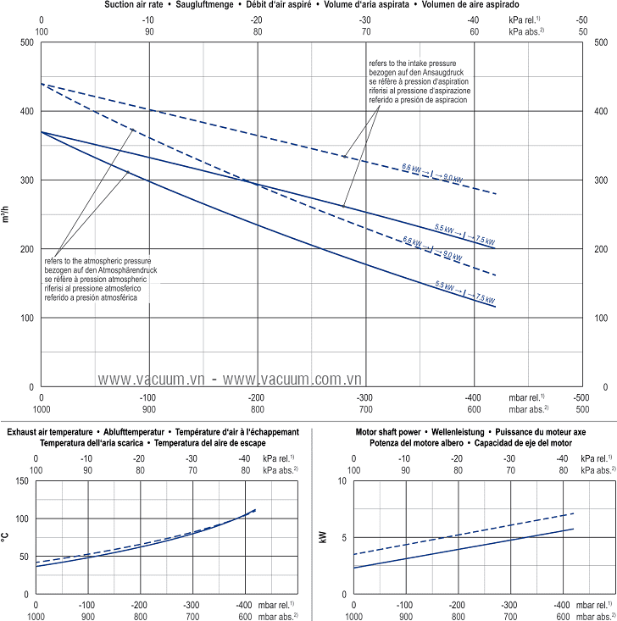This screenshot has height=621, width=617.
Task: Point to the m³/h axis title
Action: [x=8, y=213]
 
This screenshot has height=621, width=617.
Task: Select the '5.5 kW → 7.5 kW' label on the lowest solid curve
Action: [x=464, y=293]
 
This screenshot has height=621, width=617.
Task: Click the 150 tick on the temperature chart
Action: [x=22, y=481]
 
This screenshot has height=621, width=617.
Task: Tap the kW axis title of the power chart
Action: [x=323, y=535]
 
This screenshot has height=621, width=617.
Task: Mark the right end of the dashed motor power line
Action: [x=574, y=513]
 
